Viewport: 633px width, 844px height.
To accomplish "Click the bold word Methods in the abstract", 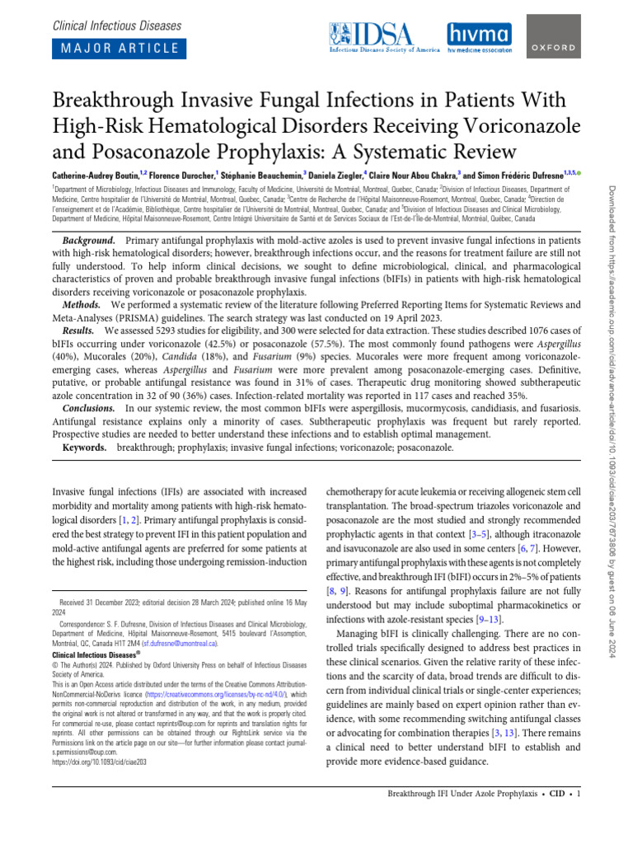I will tap(81, 305).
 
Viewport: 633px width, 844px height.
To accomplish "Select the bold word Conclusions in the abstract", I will tap(90, 409).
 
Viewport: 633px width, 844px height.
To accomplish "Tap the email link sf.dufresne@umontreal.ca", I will tap(179, 642).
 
